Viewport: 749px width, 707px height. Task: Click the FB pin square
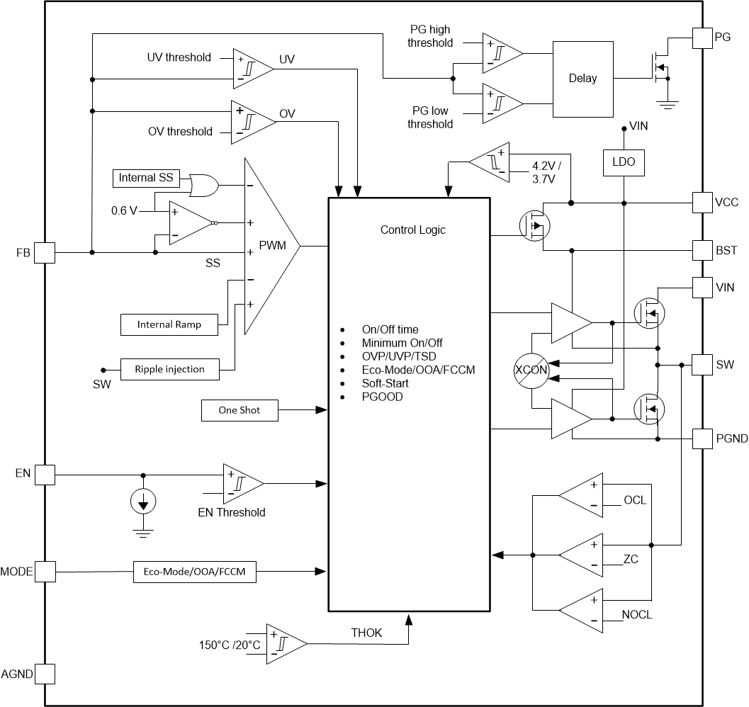coord(45,252)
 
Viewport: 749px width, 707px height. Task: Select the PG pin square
coord(702,38)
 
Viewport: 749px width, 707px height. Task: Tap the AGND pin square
coord(45,673)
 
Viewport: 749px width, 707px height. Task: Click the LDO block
coord(624,162)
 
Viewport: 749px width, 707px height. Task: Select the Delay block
coord(582,79)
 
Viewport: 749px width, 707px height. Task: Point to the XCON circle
coord(531,371)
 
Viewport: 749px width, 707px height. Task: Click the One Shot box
coord(240,410)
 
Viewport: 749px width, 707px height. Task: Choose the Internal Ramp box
coord(169,324)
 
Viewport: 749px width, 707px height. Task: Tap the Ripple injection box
coord(169,369)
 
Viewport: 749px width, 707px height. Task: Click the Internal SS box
coord(147,178)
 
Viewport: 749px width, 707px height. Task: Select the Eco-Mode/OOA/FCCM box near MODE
coord(195,572)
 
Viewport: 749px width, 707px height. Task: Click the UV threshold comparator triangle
coord(251,69)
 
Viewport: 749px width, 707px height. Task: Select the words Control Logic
coord(413,230)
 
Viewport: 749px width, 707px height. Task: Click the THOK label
coord(366,633)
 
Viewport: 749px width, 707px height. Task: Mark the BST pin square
coord(702,250)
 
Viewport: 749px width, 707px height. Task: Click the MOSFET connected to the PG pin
coord(658,69)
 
